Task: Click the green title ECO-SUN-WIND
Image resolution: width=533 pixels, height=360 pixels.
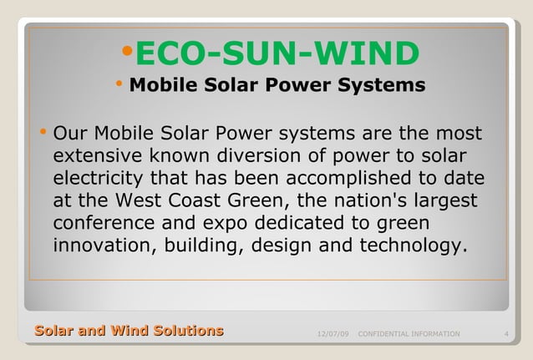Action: (277, 54)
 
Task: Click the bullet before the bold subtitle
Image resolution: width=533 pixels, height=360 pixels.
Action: (119, 84)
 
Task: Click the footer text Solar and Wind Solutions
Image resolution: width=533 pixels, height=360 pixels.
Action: (129, 331)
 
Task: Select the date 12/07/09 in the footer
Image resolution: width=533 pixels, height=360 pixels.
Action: (334, 334)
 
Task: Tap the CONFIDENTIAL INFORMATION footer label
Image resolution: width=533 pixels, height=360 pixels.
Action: (409, 334)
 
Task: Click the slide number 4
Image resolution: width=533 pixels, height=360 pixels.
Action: (507, 334)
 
